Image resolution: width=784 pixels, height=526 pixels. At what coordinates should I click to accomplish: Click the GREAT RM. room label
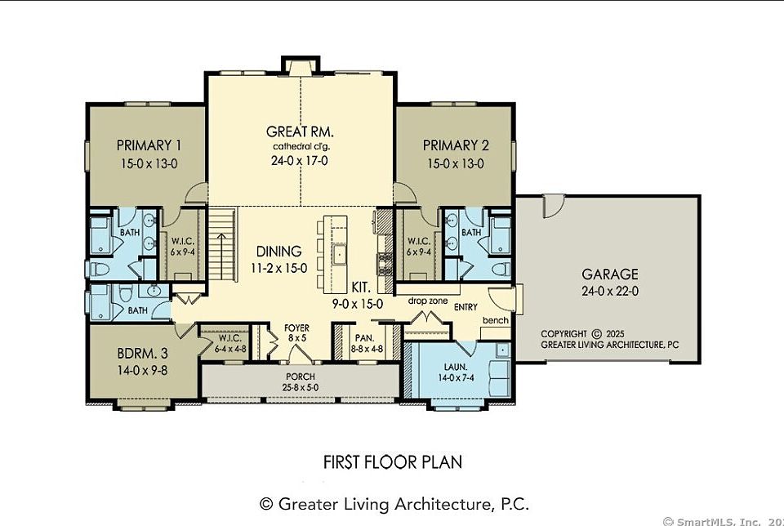300,132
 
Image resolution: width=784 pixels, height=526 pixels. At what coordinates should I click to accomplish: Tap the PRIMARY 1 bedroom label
149,145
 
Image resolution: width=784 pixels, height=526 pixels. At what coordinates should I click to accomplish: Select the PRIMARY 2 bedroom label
456,145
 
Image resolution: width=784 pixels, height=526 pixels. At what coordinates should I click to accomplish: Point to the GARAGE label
609,274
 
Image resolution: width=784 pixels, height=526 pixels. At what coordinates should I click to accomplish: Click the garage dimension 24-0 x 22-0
609,291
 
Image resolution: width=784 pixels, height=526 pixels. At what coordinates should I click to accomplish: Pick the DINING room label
279,251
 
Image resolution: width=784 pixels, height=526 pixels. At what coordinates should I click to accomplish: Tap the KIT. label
361,288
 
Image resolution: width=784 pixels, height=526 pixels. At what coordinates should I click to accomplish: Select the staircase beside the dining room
221,244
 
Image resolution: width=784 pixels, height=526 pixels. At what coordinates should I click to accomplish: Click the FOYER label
296,328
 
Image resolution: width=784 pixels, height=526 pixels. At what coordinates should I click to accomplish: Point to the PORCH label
301,377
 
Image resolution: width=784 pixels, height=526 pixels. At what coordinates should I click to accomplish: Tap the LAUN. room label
456,368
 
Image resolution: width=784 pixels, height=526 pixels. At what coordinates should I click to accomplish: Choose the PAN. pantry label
364,338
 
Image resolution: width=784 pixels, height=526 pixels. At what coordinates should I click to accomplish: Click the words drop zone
427,301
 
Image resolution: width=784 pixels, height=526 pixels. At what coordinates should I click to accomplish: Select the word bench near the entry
495,320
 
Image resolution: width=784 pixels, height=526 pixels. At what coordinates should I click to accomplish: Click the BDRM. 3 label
142,354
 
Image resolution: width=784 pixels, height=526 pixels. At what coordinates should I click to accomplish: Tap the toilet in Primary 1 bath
100,270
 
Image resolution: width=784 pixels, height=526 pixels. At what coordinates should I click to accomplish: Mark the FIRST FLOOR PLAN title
393,461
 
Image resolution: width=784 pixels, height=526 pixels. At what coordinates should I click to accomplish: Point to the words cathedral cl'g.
301,147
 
